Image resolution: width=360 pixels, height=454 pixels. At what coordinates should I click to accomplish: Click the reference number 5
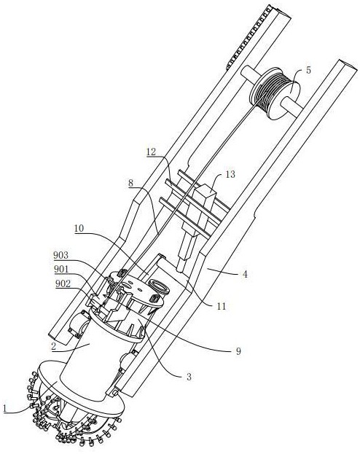(x=308, y=71)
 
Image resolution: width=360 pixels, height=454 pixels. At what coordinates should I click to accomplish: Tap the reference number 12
(x=151, y=152)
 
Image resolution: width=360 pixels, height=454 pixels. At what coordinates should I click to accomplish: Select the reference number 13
(x=230, y=174)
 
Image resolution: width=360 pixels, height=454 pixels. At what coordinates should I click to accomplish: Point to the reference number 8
(x=131, y=183)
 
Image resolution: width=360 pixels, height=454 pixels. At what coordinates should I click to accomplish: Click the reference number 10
(x=79, y=228)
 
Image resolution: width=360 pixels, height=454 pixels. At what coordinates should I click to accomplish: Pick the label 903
(x=60, y=255)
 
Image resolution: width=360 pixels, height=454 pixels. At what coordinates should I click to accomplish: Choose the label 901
(x=61, y=270)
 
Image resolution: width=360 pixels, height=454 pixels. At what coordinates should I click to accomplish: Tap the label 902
(x=63, y=283)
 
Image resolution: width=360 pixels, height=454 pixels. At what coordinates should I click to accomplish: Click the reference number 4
(x=245, y=274)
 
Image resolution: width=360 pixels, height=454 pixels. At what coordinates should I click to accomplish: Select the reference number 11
(x=222, y=306)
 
